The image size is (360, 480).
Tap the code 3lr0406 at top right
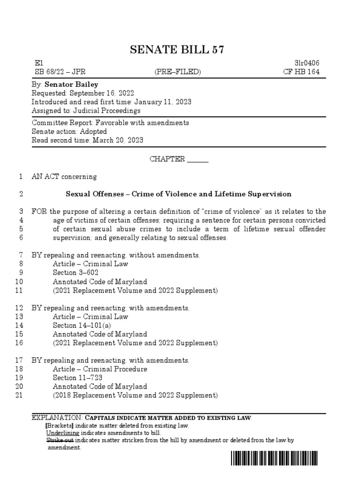click(x=307, y=63)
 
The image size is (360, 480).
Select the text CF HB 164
click(x=305, y=72)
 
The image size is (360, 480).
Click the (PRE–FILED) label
click(x=178, y=72)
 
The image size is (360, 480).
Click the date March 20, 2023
click(x=118, y=140)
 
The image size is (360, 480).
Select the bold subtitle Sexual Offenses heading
click(x=178, y=194)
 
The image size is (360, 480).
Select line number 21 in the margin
click(x=19, y=395)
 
